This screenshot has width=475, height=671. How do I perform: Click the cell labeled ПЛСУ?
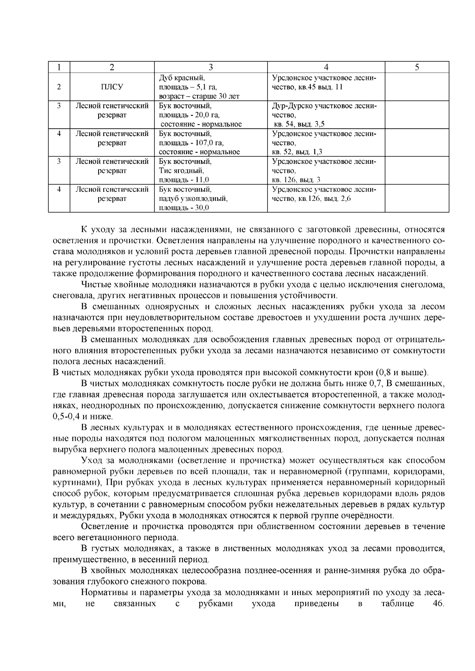pos(112,87)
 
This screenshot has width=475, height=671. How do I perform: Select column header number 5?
pos(417,67)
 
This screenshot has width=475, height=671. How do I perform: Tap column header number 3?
pos(211,67)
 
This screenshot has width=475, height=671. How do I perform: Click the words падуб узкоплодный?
pos(193,198)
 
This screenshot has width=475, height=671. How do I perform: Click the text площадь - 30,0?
pos(184,208)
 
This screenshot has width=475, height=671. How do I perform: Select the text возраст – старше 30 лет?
pos(199,96)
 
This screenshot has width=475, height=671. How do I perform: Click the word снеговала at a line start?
pos(70,295)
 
